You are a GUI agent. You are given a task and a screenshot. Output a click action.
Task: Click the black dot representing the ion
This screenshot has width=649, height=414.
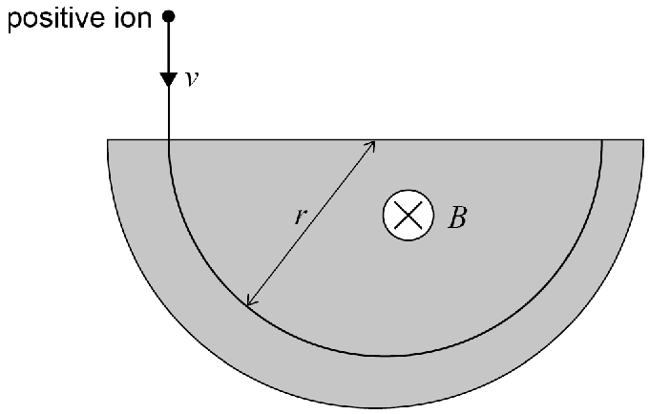click(169, 16)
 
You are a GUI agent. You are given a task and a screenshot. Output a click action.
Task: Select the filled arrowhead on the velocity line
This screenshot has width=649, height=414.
click(169, 79)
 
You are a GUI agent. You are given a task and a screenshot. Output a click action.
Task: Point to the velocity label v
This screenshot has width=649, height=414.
click(192, 78)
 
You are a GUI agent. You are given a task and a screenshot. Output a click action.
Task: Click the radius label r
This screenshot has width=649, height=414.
click(301, 216)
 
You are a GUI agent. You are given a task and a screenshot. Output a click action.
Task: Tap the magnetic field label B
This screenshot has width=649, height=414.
click(457, 217)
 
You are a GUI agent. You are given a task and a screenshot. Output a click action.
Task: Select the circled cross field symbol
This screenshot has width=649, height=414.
click(408, 215)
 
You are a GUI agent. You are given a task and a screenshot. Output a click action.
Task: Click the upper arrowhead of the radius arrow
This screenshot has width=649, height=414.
click(371, 145)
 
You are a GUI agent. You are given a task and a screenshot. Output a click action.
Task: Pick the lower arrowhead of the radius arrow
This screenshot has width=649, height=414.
click(250, 302)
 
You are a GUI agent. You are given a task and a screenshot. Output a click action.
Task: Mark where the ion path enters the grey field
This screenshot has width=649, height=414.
click(169, 140)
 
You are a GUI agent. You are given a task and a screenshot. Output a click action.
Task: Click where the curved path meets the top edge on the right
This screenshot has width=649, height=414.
click(601, 140)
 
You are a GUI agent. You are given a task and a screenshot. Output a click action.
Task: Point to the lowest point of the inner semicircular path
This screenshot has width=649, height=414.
click(385, 355)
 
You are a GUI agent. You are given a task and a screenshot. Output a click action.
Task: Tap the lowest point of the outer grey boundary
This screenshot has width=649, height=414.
click(376, 407)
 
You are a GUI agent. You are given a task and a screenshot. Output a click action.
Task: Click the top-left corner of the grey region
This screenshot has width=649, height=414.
click(108, 140)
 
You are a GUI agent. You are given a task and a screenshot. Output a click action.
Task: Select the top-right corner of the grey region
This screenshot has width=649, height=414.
click(643, 140)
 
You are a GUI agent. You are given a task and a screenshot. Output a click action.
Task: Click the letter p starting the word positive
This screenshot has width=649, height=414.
click(15, 22)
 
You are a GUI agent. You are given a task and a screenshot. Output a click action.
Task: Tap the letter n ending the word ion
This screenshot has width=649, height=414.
click(144, 20)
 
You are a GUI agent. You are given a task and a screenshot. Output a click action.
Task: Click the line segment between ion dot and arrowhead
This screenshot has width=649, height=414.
click(169, 48)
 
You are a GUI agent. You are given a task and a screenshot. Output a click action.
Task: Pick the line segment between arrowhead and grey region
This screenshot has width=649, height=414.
click(169, 114)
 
